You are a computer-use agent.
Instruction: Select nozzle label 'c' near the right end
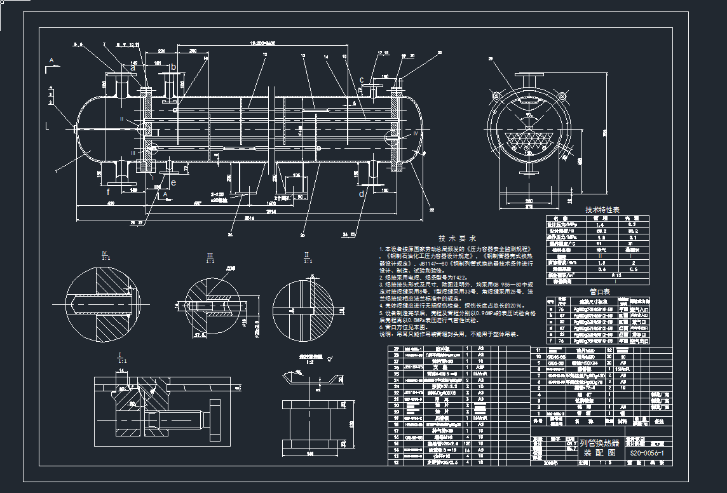(x=362, y=80)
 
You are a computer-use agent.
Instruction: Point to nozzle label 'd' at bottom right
(x=362, y=194)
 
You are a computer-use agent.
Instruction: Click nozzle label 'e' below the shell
(x=173, y=182)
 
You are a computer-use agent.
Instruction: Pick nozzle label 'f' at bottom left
(x=108, y=191)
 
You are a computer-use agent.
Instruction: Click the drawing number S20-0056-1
(x=646, y=453)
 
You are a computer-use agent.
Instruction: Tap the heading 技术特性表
(x=602, y=210)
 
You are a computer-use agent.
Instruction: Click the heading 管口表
(x=600, y=292)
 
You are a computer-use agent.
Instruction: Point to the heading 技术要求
(x=456, y=237)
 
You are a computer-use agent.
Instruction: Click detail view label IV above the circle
(x=105, y=253)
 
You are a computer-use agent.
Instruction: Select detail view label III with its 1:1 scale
(x=210, y=257)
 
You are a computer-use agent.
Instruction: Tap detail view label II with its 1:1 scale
(x=307, y=257)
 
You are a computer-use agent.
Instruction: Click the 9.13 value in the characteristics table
(x=615, y=276)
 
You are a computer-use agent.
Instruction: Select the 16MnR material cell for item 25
(x=480, y=374)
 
